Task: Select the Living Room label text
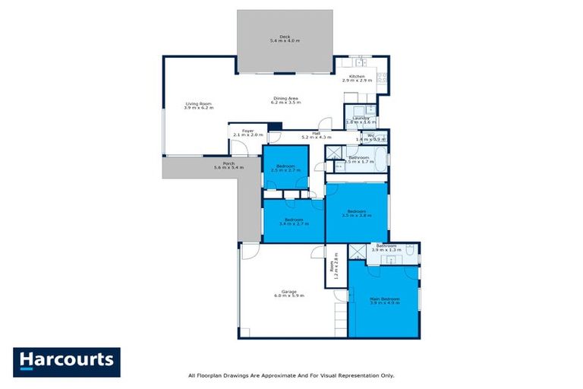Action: (x=198, y=104)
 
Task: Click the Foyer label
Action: (x=247, y=131)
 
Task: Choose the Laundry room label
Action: (x=360, y=119)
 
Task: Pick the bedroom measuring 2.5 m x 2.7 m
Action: (x=285, y=168)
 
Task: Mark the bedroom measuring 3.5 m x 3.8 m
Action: (x=357, y=213)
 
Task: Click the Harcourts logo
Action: (x=67, y=362)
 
